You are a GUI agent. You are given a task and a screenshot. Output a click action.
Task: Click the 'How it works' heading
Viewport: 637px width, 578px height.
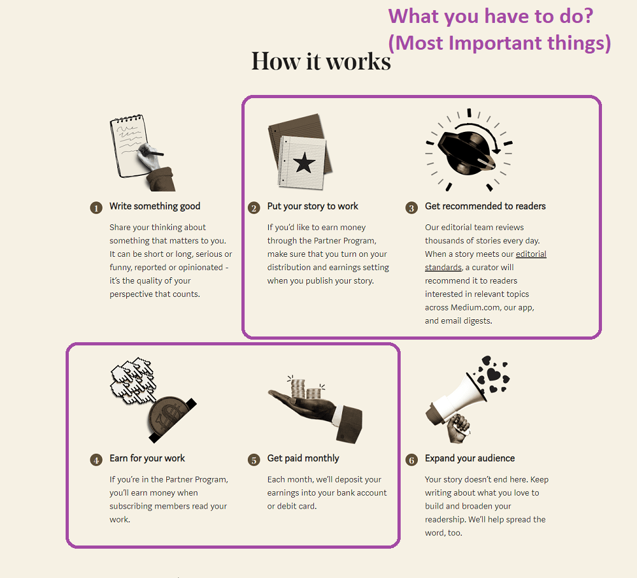coord(321,61)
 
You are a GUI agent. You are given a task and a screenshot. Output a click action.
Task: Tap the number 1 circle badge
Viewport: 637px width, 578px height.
coord(96,208)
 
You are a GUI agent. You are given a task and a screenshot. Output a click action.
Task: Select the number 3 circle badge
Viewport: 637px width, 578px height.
coord(412,208)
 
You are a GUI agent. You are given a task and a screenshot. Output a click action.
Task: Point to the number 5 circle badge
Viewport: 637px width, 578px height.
coord(254,460)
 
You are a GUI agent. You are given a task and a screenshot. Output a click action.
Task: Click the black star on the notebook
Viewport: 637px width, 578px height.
coord(304,162)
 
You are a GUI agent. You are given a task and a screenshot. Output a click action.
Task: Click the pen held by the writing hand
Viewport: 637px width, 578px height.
coord(152,152)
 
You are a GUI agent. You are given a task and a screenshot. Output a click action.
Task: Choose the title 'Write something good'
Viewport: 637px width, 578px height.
coord(155,206)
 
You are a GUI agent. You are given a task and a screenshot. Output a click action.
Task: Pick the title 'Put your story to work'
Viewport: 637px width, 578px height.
coord(312,206)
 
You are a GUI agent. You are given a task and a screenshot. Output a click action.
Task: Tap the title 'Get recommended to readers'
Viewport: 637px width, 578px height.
coord(485,206)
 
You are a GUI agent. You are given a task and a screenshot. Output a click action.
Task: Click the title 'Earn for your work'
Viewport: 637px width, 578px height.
coord(147,458)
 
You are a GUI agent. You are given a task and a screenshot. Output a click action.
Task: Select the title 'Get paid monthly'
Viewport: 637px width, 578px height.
coord(303,458)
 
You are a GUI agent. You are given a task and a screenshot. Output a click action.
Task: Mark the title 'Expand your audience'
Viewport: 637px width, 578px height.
coord(469,458)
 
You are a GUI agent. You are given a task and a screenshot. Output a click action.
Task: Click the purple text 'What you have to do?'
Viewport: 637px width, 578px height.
coord(490,17)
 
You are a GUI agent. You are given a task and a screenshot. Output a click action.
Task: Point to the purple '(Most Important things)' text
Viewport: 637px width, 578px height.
coord(499,43)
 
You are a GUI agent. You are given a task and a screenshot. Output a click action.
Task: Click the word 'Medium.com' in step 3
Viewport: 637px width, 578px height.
coord(475,308)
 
